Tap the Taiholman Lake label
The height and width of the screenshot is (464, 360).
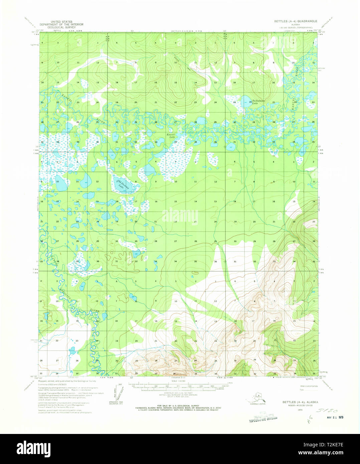tap(258, 102)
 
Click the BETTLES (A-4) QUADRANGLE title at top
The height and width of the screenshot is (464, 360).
tap(296, 21)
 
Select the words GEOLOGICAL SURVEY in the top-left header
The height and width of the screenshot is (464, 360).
tap(61, 27)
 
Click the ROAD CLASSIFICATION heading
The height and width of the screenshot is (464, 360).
tap(309, 386)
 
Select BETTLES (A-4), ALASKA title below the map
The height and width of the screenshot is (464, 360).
tap(300, 402)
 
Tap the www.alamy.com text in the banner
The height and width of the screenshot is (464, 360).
tap(327, 453)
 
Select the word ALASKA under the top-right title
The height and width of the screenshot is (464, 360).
tap(295, 24)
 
